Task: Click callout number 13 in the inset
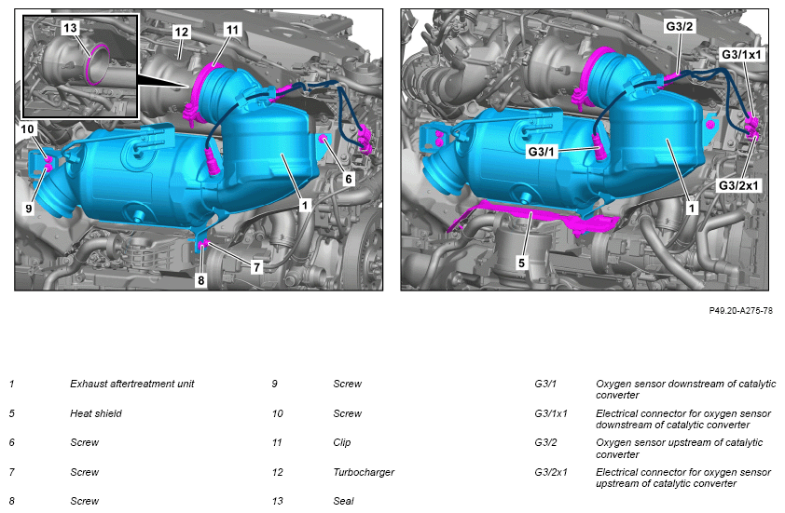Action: (71, 28)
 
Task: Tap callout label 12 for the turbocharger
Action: (181, 32)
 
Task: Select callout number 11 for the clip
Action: (232, 30)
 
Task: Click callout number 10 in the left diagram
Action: (27, 129)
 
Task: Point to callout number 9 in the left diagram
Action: (29, 208)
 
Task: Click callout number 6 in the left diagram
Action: (349, 179)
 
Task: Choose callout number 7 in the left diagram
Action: (256, 267)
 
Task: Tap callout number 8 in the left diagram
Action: (200, 280)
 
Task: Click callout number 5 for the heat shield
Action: (522, 263)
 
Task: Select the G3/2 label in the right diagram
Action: (680, 26)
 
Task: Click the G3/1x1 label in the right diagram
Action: (742, 54)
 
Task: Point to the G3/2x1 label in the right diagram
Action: (739, 185)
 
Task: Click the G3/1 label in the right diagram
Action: (542, 151)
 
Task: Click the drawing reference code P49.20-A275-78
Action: (741, 311)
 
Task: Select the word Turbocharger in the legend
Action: (364, 472)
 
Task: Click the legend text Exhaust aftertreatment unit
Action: (132, 384)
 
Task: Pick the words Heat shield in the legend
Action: (96, 413)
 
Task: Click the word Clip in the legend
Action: (342, 442)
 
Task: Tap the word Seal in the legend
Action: (343, 501)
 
